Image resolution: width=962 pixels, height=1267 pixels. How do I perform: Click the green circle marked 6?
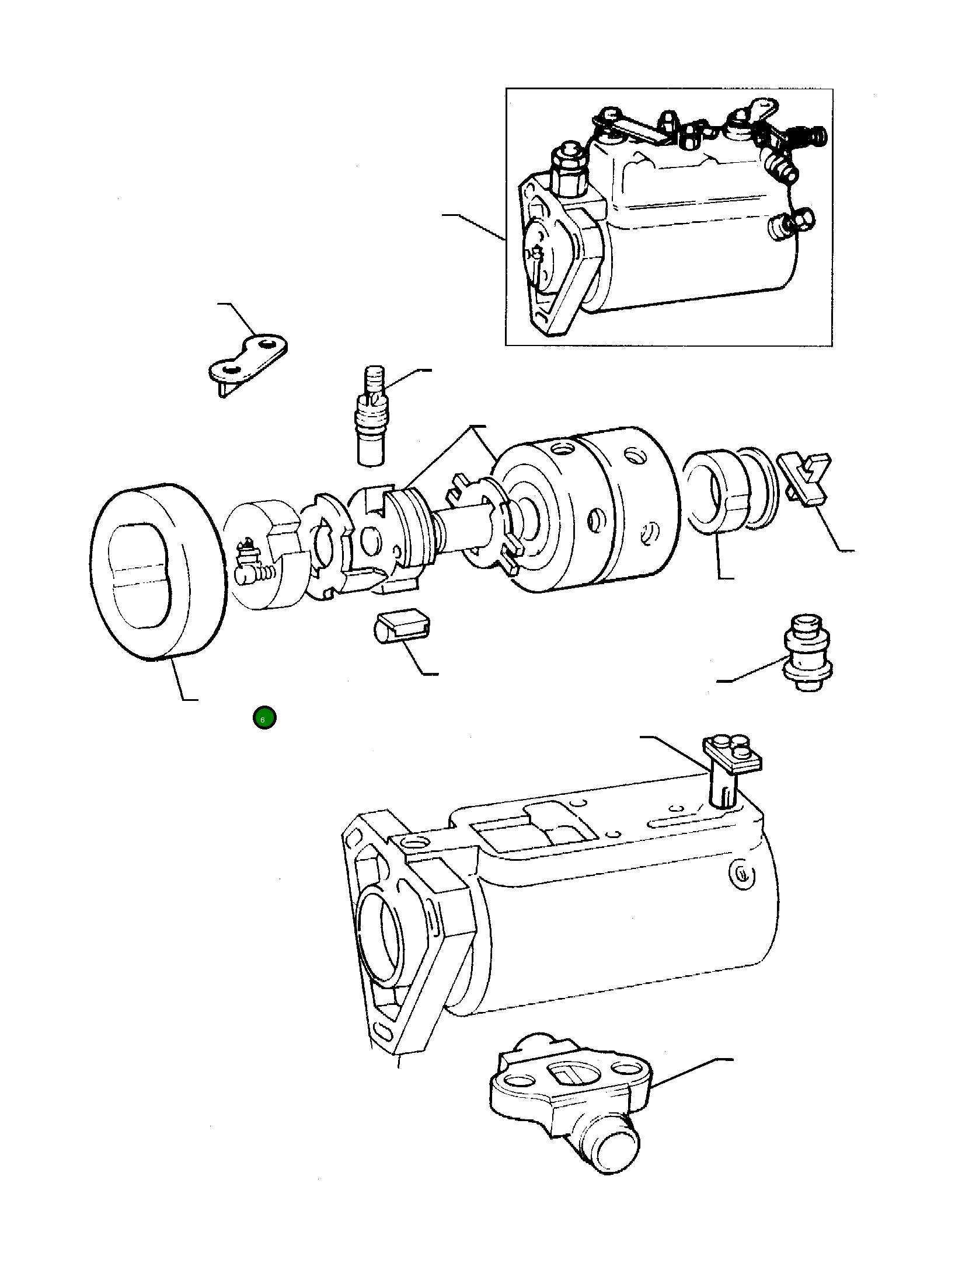pyautogui.click(x=264, y=718)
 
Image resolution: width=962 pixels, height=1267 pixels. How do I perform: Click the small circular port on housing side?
pyautogui.click(x=742, y=875)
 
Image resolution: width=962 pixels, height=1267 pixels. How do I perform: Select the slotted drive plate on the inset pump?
pyautogui.click(x=537, y=257)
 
